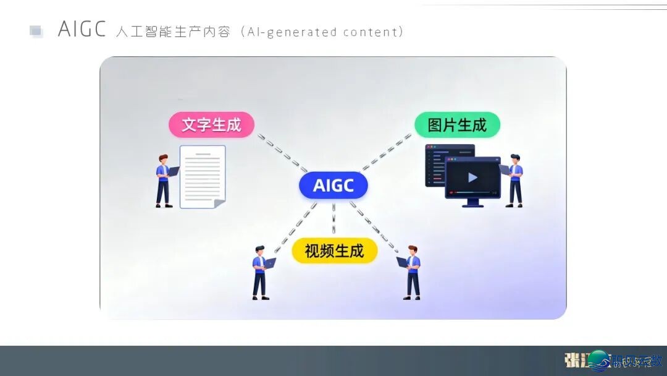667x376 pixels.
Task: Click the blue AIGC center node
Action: [333, 186]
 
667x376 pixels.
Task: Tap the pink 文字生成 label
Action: [211, 125]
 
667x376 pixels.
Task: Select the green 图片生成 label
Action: [457, 125]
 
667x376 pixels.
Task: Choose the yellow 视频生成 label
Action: [334, 250]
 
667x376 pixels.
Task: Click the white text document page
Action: [202, 174]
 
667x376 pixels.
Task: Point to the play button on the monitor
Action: [472, 178]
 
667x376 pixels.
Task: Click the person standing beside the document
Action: [164, 181]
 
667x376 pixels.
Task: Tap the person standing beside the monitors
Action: [514, 180]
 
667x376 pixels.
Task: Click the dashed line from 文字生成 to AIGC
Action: [282, 152]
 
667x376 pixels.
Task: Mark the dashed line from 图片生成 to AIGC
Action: [388, 151]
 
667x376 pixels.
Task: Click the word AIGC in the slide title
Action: [82, 30]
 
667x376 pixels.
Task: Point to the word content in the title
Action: [371, 32]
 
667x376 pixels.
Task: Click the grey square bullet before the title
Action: [36, 31]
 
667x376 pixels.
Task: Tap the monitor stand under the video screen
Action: [473, 202]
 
